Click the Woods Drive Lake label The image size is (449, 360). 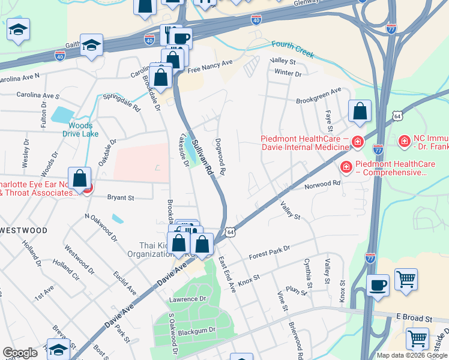(x=80, y=130)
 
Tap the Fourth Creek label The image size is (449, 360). (x=292, y=49)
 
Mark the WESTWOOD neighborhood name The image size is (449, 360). (x=23, y=230)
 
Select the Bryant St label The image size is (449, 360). (x=121, y=196)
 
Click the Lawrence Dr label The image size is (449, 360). (x=187, y=299)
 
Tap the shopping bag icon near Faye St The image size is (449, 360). (x=360, y=112)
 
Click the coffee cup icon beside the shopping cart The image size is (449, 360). (x=378, y=286)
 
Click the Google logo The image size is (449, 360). (x=20, y=353)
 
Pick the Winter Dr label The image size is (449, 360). (x=288, y=74)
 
